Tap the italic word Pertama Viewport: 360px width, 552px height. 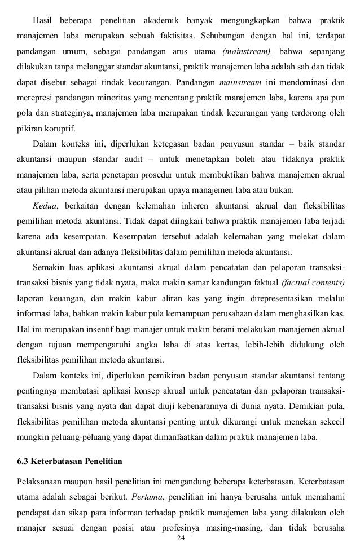(148, 498)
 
